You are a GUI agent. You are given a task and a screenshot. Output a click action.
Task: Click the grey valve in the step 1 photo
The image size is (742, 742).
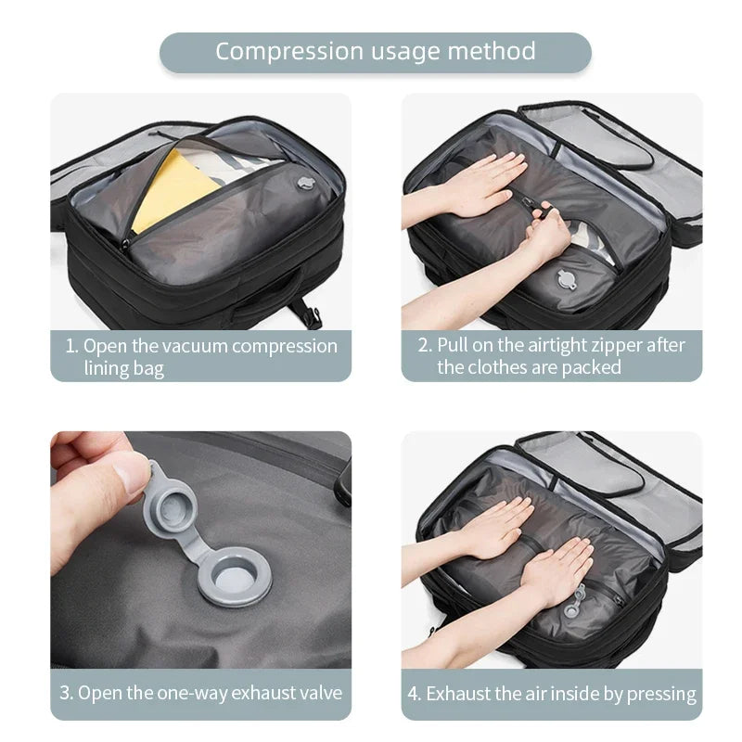coord(305,186)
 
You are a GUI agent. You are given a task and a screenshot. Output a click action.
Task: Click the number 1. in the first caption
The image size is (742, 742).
coord(71,347)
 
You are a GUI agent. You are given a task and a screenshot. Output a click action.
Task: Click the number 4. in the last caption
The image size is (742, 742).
coord(415,694)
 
